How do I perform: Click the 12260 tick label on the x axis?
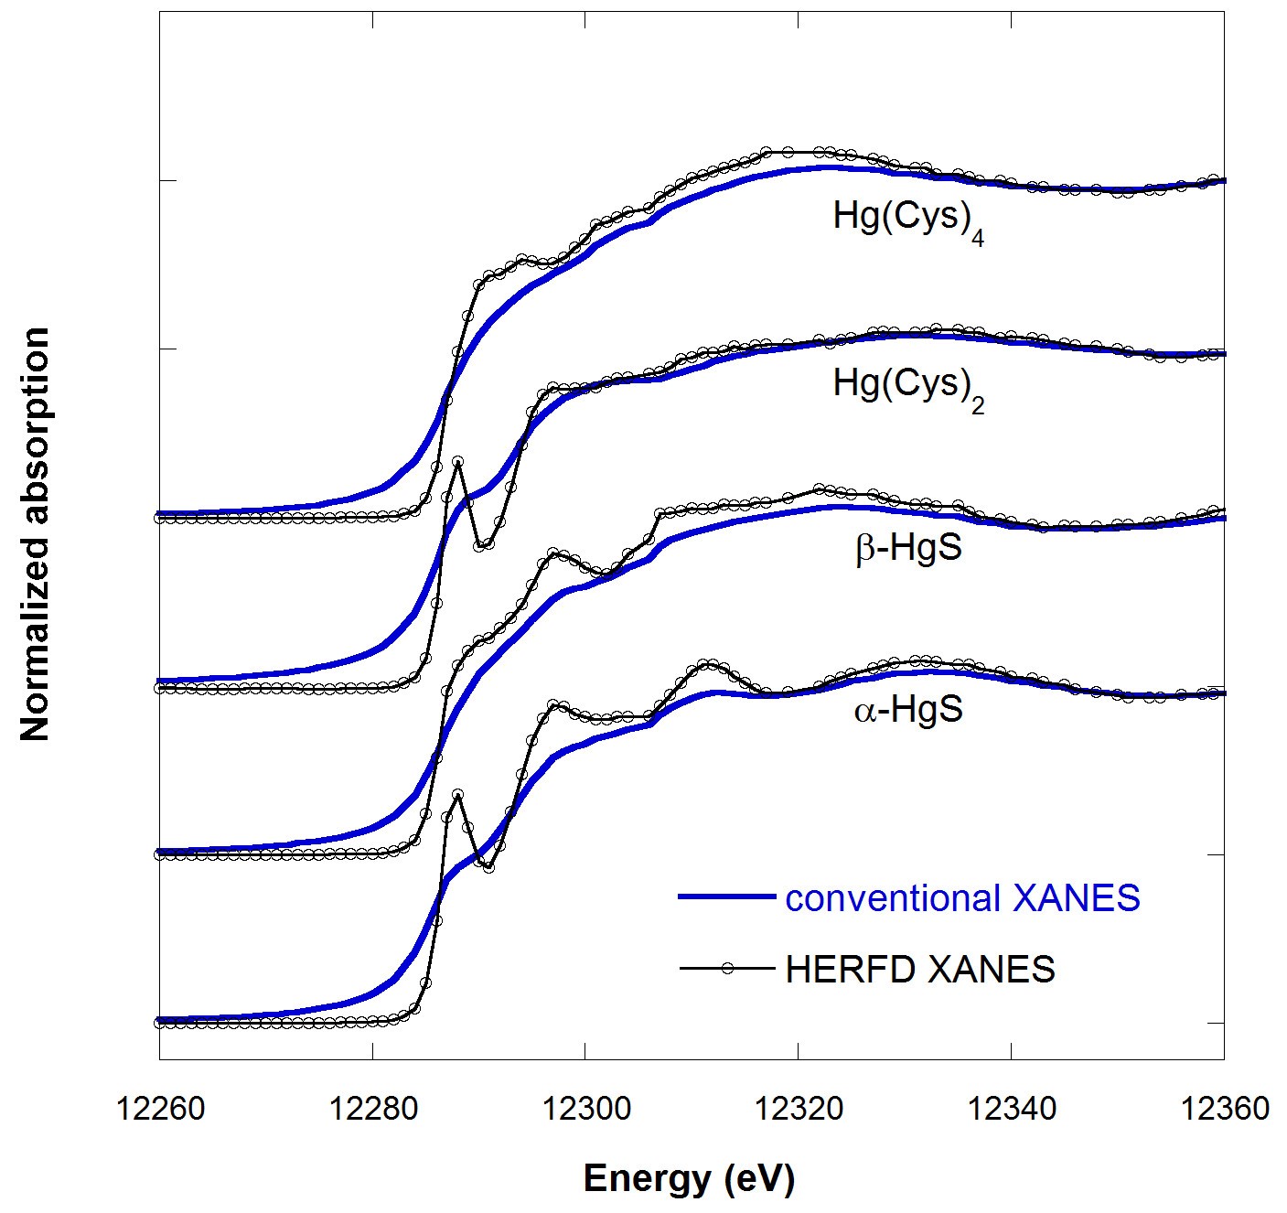pyautogui.click(x=159, y=1109)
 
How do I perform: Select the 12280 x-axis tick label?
pyautogui.click(x=372, y=1109)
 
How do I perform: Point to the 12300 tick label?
pyautogui.click(x=585, y=1109)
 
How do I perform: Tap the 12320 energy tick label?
pyautogui.click(x=799, y=1109)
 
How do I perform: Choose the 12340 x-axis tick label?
pyautogui.click(x=1012, y=1109)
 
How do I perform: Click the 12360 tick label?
pyautogui.click(x=1224, y=1109)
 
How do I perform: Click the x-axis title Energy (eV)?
pyautogui.click(x=689, y=1178)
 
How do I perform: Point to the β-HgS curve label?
pyautogui.click(x=908, y=550)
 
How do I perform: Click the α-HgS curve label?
pyautogui.click(x=908, y=711)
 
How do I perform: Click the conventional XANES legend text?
pyautogui.click(x=962, y=898)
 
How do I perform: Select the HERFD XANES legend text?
pyautogui.click(x=920, y=969)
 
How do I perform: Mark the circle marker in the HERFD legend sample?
pyautogui.click(x=728, y=968)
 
